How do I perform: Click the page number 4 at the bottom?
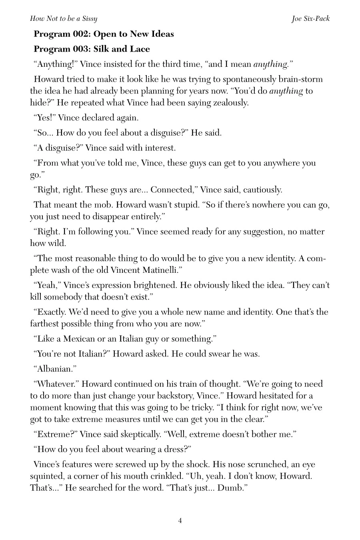[x=180, y=520]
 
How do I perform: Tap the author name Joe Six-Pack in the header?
[x=311, y=19]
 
